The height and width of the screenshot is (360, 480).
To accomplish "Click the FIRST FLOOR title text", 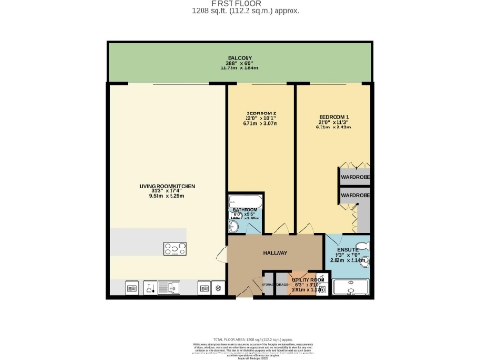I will click(x=239, y=5).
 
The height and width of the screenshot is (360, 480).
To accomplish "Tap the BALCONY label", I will click(x=244, y=58).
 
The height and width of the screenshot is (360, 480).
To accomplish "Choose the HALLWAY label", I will click(x=274, y=253).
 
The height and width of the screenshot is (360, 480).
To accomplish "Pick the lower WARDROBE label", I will click(x=354, y=194).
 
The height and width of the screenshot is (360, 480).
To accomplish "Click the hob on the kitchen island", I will click(x=175, y=248).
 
